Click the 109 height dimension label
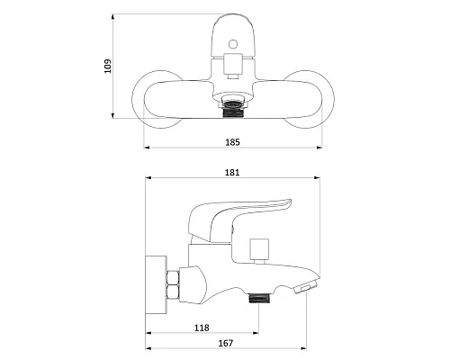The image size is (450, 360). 107,67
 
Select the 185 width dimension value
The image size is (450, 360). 232,142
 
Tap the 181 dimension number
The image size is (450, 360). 232,173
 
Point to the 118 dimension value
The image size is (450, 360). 202,328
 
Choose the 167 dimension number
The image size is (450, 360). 226,343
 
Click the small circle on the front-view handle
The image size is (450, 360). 233,44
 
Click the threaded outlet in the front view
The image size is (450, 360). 233,110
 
